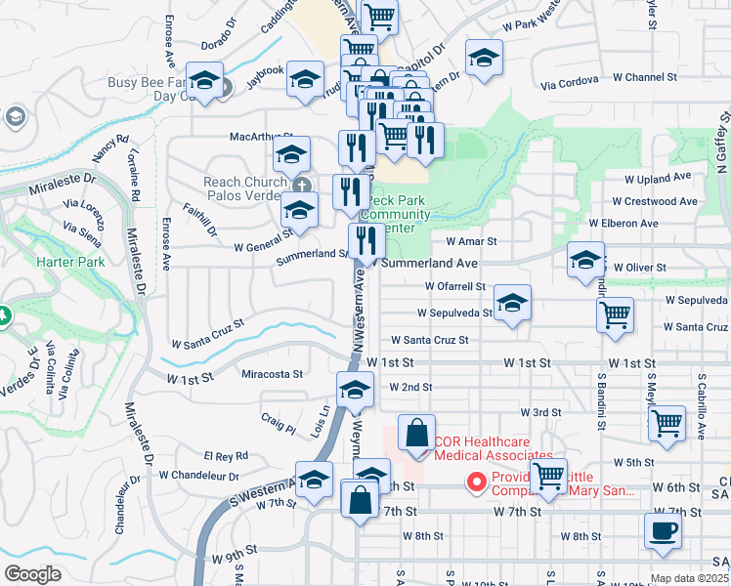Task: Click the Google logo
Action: (x=32, y=574)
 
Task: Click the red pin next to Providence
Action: (x=477, y=482)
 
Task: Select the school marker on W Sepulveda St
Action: (x=512, y=304)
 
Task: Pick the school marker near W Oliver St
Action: (x=585, y=261)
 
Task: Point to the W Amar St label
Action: (x=471, y=240)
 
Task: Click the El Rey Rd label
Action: (x=226, y=456)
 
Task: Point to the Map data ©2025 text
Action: (x=688, y=578)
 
